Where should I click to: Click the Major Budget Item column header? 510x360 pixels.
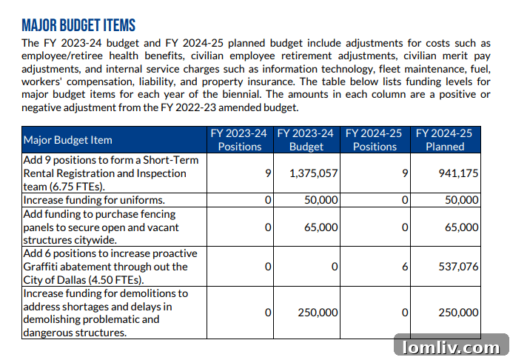click(x=68, y=140)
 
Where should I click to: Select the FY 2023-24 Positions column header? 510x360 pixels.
click(x=238, y=140)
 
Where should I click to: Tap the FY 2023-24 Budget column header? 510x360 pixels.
click(x=306, y=140)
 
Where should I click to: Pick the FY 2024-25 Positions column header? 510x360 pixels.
click(x=375, y=140)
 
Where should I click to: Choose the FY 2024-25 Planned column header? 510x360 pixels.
click(x=444, y=140)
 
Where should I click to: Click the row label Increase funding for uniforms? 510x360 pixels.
click(x=94, y=200)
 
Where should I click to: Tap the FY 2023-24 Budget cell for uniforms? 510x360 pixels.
click(x=321, y=200)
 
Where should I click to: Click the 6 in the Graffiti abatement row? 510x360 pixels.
click(x=405, y=267)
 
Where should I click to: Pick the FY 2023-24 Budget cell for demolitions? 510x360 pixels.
click(x=318, y=313)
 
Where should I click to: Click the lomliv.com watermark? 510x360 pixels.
click(x=451, y=346)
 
